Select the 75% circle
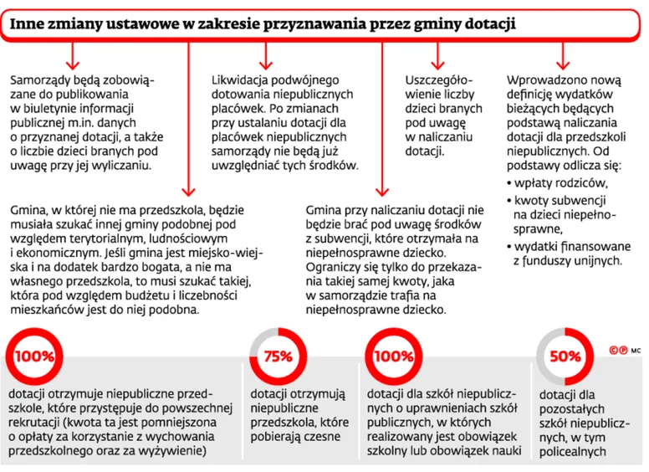[277, 355]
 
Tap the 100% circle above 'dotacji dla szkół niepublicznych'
[393, 355]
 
